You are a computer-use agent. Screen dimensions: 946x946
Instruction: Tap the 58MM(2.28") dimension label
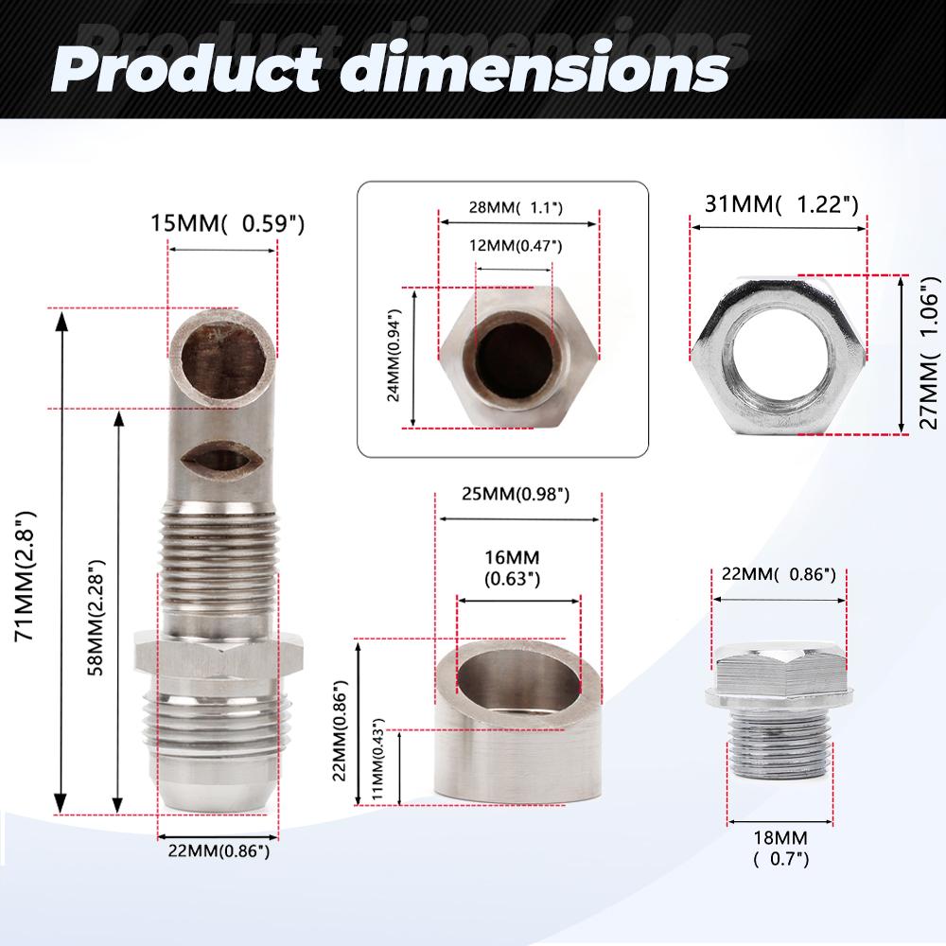(x=96, y=617)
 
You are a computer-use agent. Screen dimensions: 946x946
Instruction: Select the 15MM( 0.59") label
(x=227, y=224)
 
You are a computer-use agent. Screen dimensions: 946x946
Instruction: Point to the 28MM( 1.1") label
(x=516, y=207)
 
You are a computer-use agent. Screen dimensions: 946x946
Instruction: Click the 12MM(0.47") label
(x=516, y=246)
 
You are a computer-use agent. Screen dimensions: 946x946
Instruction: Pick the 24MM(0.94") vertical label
(x=394, y=356)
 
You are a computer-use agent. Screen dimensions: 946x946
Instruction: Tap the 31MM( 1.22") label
(x=781, y=204)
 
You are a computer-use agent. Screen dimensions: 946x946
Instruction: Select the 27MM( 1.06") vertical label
(x=929, y=353)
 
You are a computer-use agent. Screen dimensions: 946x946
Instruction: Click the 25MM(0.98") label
(x=516, y=494)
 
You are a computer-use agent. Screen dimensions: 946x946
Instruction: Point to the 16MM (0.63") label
(x=512, y=569)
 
